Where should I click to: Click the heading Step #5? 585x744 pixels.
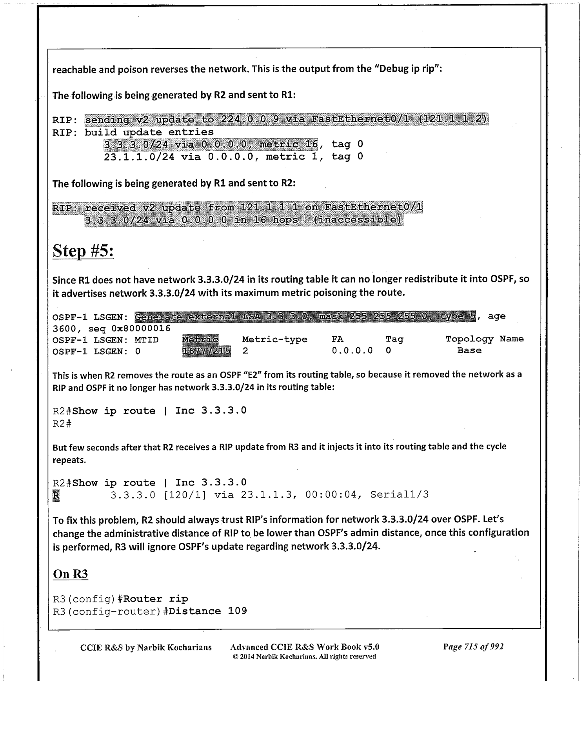pos(83,251)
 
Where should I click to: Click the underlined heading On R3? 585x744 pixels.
pos(70,574)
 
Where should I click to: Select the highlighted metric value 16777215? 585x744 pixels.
pos(206,351)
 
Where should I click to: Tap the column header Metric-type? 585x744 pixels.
pos(274,339)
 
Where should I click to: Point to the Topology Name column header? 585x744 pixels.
pos(484,339)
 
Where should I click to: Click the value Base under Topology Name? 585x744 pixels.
pos(469,350)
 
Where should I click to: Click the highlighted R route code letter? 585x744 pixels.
pos(56,495)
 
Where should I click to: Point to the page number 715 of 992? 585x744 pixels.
pos(473,647)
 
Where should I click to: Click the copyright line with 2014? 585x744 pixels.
pos(304,656)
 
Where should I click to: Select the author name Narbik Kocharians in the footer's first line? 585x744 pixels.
pos(174,647)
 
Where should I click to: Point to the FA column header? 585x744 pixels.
pos(337,339)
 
